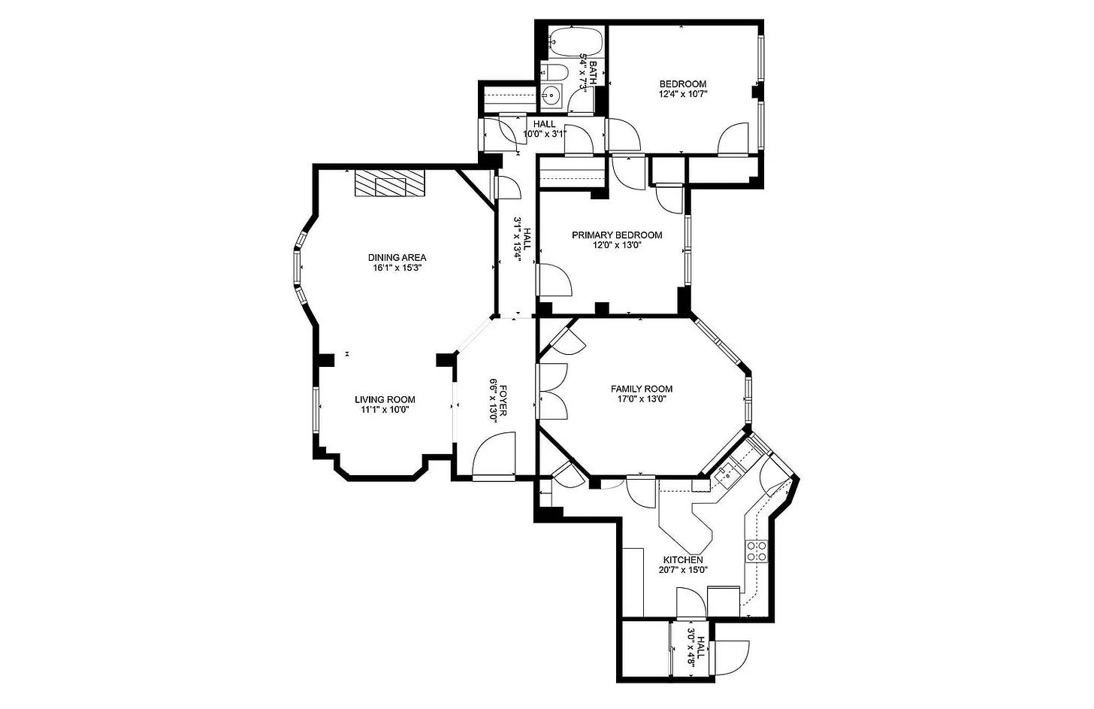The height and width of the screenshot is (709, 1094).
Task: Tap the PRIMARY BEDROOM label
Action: (617, 235)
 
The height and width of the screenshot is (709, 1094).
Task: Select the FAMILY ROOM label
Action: (641, 389)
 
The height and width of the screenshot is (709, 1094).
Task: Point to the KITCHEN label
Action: (683, 560)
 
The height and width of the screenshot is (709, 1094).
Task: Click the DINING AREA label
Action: (397, 257)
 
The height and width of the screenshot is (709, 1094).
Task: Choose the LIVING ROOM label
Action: (385, 400)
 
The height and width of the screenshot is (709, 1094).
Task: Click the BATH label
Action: (594, 72)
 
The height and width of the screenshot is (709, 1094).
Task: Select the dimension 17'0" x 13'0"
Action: (641, 398)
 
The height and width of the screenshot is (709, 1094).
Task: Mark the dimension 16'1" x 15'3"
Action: (397, 268)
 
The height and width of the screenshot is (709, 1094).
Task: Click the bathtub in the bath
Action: (576, 42)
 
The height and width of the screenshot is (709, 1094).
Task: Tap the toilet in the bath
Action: (556, 72)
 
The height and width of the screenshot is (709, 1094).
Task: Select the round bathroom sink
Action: (552, 96)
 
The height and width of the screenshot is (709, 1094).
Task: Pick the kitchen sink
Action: (727, 472)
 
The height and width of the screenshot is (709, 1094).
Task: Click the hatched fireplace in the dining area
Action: (390, 183)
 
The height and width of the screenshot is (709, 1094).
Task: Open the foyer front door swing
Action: (493, 454)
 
